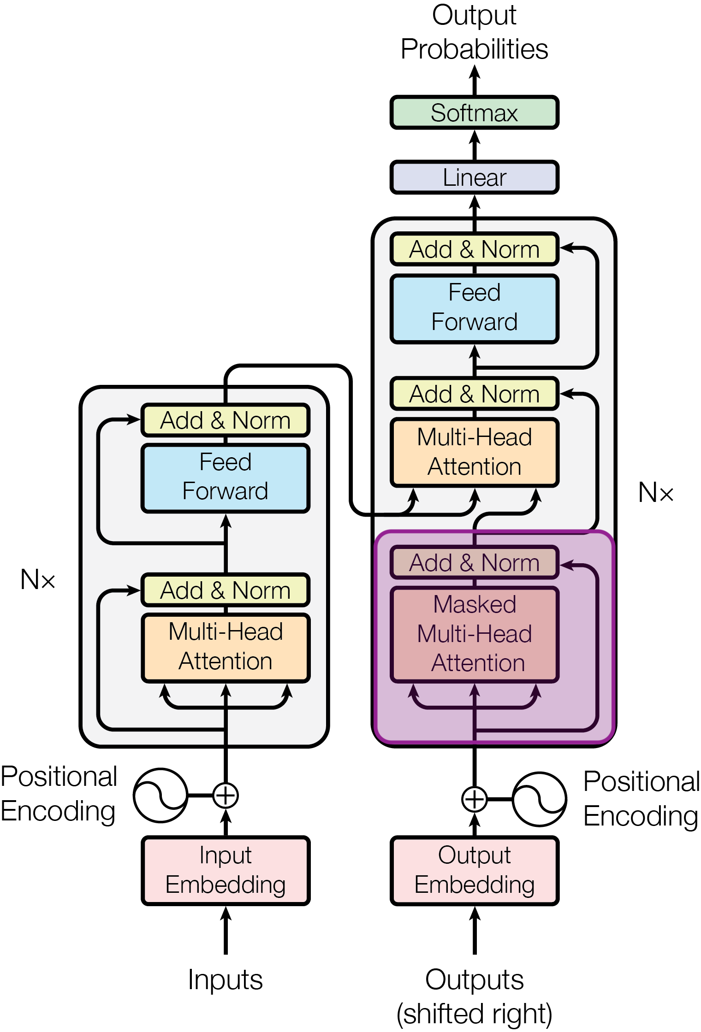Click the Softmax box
475,112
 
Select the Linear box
475,177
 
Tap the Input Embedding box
226,871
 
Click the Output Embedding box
475,871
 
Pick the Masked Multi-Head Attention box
475,634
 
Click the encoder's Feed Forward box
226,478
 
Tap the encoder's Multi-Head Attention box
226,648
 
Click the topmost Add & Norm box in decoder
475,249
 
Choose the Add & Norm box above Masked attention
475,562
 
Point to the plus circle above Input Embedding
226,795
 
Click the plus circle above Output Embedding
475,799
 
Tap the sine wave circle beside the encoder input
160,795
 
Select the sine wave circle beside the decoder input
540,799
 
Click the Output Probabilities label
475,32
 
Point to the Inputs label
226,979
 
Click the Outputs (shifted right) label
475,997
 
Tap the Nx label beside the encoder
38,579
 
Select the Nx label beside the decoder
656,492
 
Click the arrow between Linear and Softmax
475,145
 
